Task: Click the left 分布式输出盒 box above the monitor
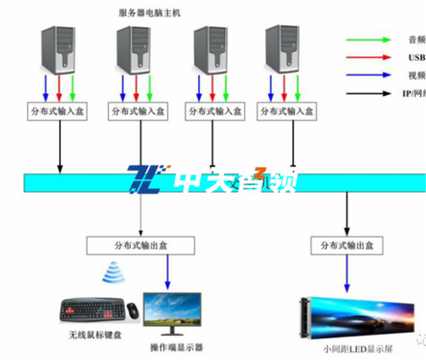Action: tap(140, 245)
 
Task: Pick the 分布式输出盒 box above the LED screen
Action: tap(347, 245)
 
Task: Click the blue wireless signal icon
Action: tap(113, 274)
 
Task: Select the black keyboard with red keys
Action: tap(91, 311)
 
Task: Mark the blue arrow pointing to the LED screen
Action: tap(347, 275)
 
